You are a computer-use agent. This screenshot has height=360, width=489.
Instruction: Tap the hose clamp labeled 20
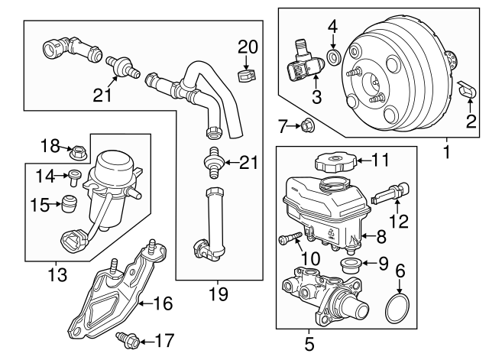coord(246,76)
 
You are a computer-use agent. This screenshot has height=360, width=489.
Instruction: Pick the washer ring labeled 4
coord(334,57)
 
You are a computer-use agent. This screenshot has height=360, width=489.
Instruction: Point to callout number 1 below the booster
coord(446,151)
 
